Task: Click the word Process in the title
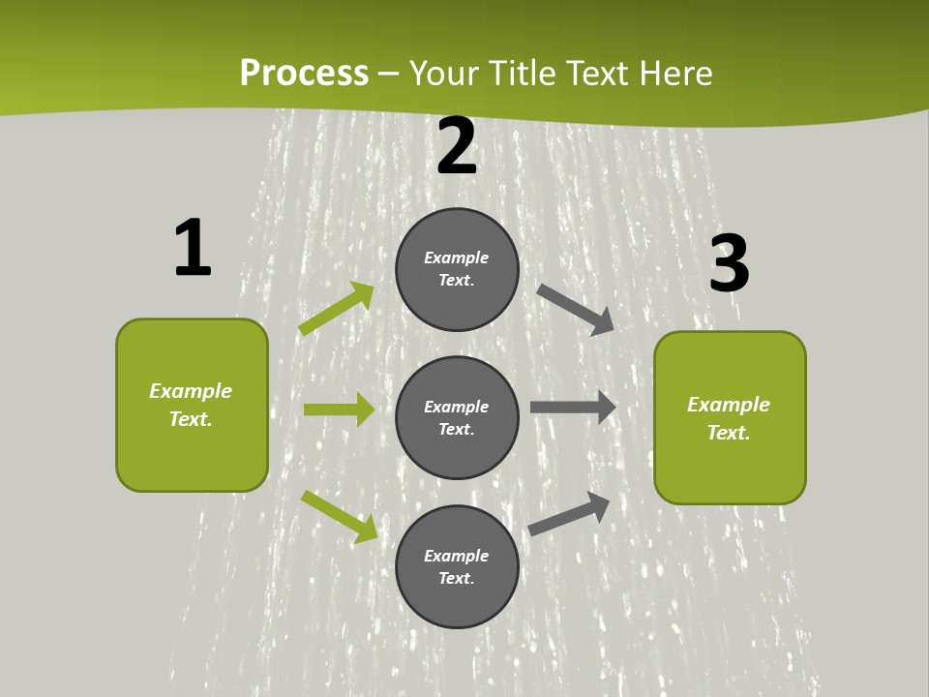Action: [x=304, y=74]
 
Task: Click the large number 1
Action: [x=193, y=249]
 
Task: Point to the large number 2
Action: [x=457, y=147]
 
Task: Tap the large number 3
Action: [x=729, y=264]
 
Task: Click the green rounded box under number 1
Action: [x=192, y=405]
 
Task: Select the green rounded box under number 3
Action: [x=730, y=418]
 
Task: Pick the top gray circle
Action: [x=457, y=269]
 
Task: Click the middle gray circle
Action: [x=457, y=418]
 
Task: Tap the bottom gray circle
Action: [x=457, y=567]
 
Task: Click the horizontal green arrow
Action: [x=339, y=409]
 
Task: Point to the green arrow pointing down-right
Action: [x=340, y=517]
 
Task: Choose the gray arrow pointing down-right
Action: [x=576, y=309]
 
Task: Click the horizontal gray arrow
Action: [x=573, y=408]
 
